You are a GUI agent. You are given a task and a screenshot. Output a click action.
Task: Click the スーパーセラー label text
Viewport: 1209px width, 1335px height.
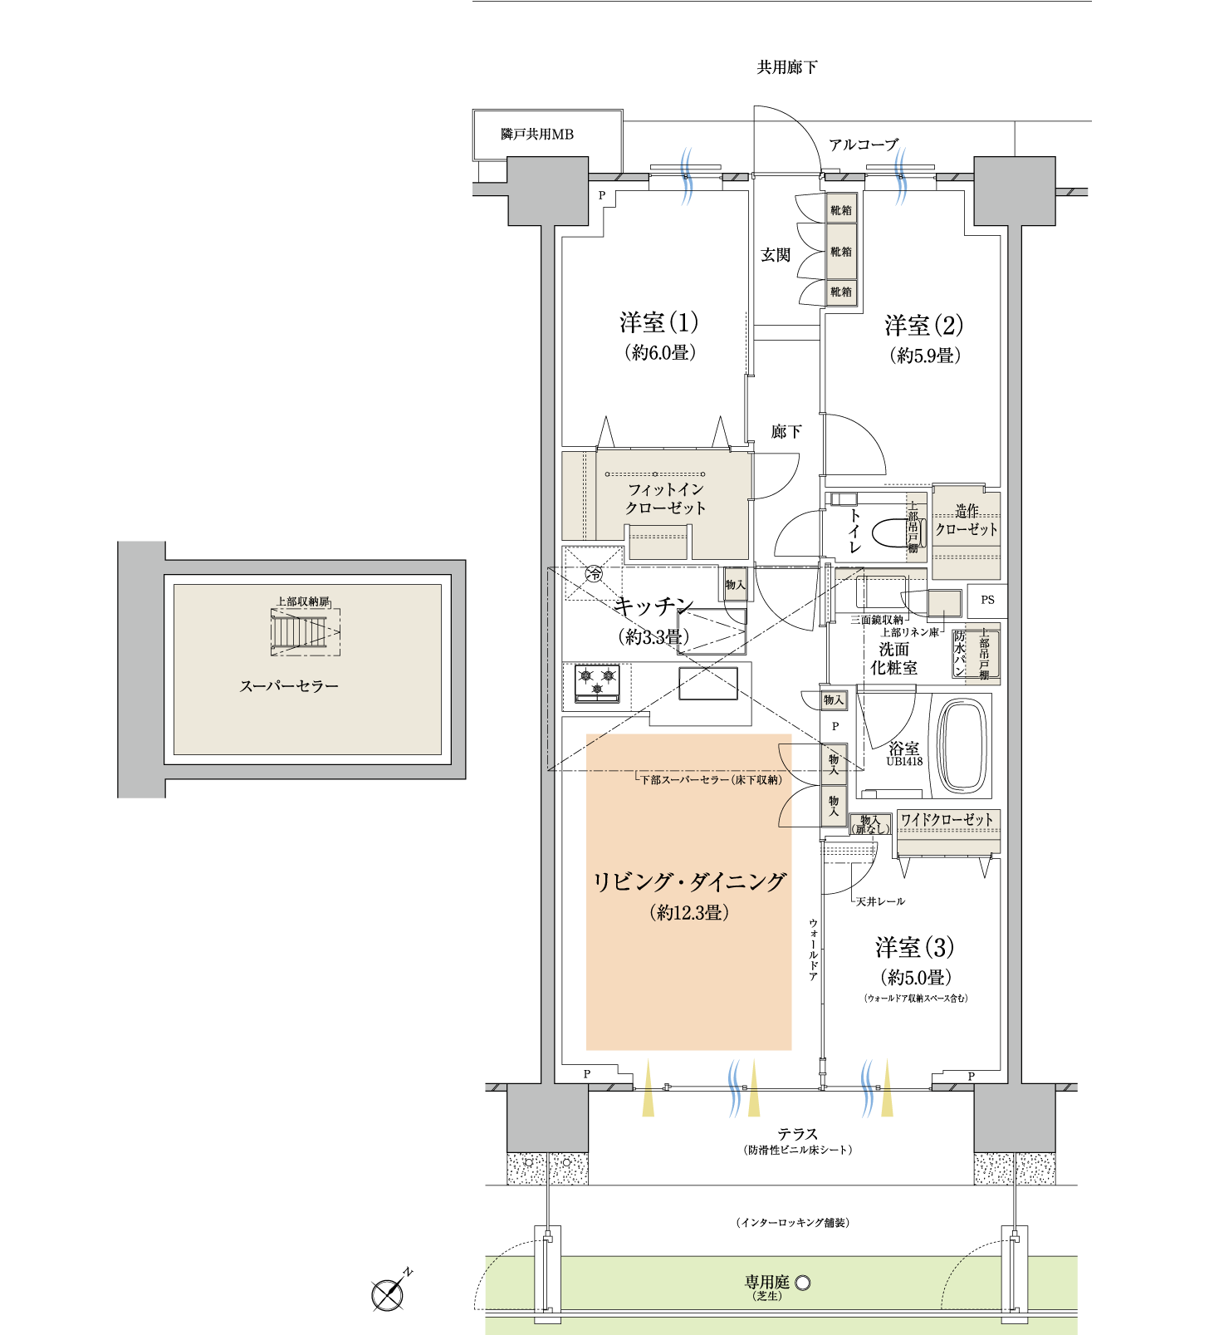pos(289,686)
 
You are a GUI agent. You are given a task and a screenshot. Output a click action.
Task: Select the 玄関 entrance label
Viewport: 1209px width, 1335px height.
pos(776,255)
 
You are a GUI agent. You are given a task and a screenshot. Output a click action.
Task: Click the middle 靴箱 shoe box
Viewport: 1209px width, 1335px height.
pos(841,252)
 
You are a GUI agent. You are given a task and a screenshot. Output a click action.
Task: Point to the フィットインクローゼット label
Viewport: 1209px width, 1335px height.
pos(665,498)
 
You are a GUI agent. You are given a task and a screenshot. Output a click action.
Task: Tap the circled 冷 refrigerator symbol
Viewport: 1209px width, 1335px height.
pos(594,573)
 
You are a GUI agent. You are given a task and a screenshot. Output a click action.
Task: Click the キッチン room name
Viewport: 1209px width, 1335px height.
pos(653,606)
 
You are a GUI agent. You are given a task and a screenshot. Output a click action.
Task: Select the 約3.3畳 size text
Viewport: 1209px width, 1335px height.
pos(653,637)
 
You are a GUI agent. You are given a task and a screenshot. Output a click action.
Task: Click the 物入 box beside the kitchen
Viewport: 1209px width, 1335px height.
pos(736,585)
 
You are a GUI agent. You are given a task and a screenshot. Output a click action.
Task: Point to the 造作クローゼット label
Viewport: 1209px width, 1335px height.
pos(967,520)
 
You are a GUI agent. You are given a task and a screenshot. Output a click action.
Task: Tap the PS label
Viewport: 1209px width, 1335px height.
pos(986,600)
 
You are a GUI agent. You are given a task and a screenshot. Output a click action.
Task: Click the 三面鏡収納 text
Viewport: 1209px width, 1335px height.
pos(876,620)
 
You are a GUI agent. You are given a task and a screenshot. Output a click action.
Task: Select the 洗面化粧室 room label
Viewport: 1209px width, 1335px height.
pos(893,658)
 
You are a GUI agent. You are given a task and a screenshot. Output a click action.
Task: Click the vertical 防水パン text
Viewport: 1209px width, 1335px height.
pos(961,653)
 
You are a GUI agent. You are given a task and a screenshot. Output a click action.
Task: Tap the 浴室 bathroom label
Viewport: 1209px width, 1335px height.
pos(903,748)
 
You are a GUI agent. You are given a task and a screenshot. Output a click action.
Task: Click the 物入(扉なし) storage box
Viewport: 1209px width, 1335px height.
pos(870,824)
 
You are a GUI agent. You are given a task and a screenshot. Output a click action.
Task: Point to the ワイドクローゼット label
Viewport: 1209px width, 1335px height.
pos(947,820)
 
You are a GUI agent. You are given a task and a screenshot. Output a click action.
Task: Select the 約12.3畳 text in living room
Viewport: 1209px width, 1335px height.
pos(689,913)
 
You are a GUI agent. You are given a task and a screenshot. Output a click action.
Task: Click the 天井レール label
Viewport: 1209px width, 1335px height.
pos(880,901)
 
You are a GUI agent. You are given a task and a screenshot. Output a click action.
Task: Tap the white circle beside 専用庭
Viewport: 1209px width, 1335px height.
pos(803,1283)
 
